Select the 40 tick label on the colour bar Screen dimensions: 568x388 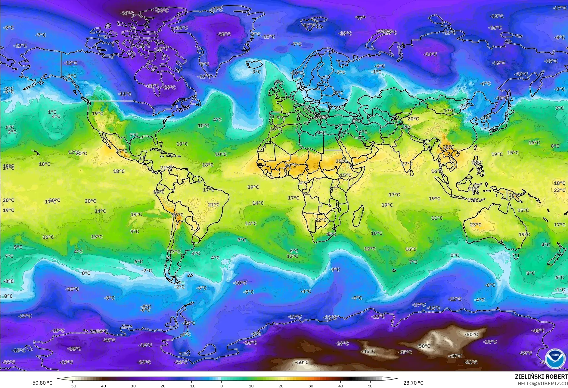(340, 386)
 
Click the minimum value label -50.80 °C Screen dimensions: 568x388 (41, 383)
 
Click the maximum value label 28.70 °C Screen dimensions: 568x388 (413, 383)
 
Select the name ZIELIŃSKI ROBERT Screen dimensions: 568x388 (541, 376)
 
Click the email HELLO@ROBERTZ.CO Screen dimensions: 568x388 (542, 383)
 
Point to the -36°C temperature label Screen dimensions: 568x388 (127, 13)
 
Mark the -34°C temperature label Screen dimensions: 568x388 (162, 10)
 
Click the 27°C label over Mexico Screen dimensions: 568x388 (122, 151)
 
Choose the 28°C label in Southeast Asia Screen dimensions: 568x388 (448, 147)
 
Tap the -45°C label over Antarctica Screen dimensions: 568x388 (368, 351)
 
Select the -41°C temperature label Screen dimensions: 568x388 (470, 362)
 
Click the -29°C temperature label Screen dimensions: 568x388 (144, 362)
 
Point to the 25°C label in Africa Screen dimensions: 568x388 (341, 161)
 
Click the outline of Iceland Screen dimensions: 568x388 (254, 65)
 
